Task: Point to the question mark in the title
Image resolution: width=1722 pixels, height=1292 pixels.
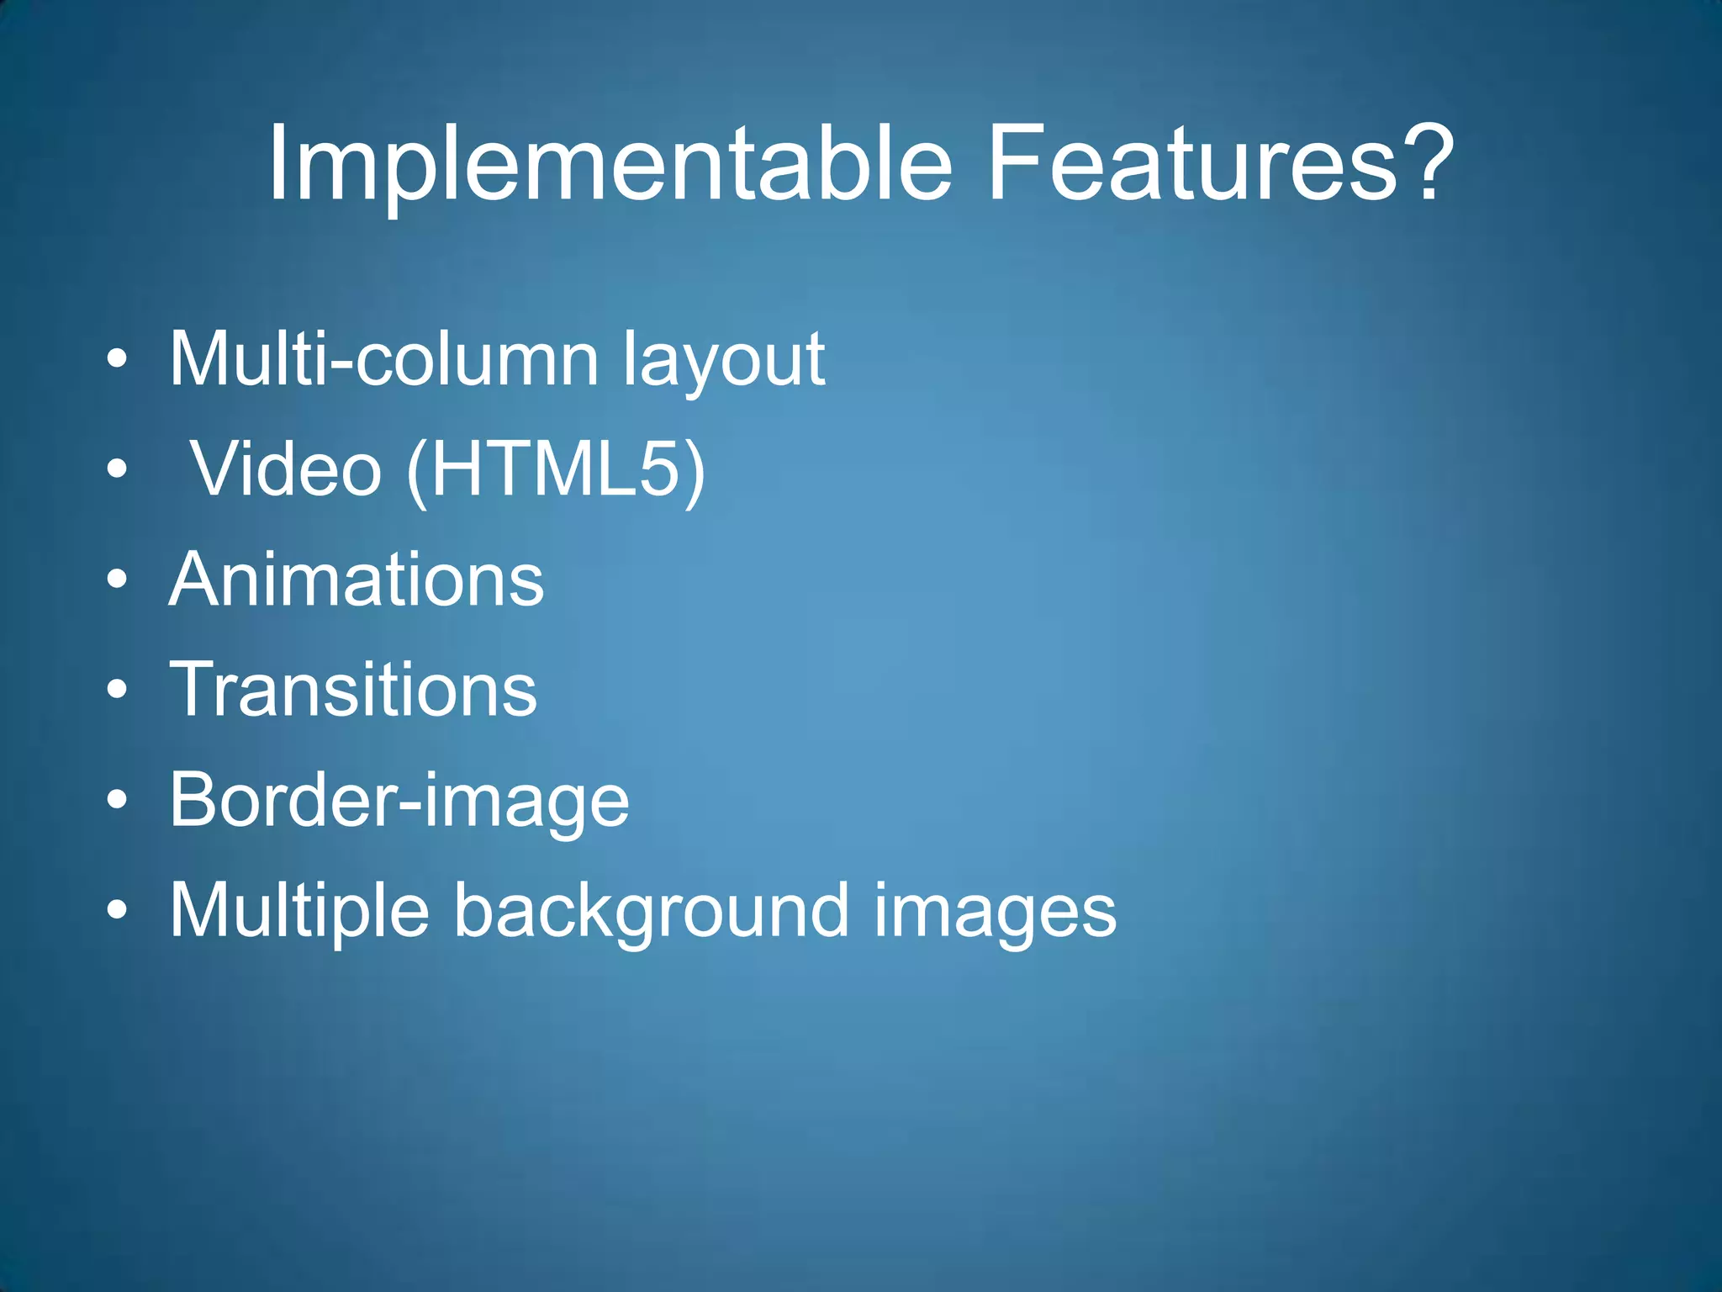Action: point(1426,162)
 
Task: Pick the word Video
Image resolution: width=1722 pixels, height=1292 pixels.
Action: point(286,470)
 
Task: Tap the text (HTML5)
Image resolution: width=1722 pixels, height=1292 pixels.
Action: point(556,470)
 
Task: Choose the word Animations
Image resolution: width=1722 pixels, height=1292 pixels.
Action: point(357,580)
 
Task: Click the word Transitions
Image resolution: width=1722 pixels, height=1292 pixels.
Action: point(353,690)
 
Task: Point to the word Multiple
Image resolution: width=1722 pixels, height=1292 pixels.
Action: point(299,912)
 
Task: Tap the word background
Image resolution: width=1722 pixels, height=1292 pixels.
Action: point(652,912)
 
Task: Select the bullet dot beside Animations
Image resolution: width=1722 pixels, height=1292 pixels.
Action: point(118,580)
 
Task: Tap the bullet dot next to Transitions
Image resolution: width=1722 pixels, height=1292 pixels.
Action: point(118,691)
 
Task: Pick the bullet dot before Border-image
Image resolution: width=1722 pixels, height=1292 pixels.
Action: point(118,801)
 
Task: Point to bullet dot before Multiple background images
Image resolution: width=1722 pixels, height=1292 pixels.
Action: point(118,911)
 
